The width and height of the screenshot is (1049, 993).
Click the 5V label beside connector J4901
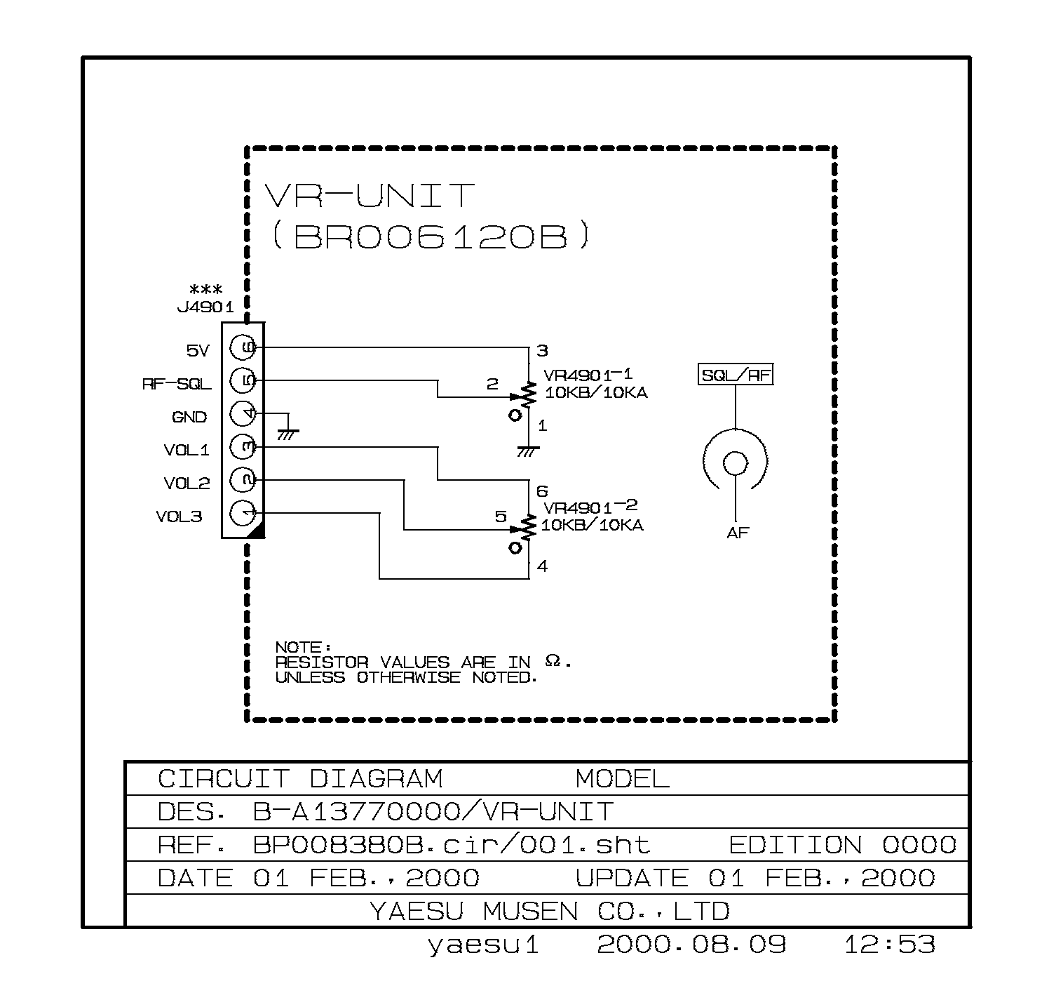pos(198,350)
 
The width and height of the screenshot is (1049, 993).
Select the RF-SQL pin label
pos(177,384)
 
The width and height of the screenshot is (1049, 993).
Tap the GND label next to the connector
pos(189,417)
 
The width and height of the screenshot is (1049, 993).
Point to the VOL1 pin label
pos(187,450)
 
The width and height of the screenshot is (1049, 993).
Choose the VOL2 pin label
pos(187,484)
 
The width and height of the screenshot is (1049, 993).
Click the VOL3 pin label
pos(179,517)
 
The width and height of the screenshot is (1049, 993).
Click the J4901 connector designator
pos(205,307)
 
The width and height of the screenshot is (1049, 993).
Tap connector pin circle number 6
pos(243,347)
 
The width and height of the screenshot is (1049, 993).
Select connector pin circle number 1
pos(243,514)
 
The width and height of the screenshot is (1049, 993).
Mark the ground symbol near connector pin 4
pos(287,434)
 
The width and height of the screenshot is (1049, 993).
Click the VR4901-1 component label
pos(578,374)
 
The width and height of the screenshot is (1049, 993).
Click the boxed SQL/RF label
pos(736,375)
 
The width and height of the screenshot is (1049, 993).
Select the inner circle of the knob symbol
pos(736,463)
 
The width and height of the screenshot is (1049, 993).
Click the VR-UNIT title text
pos(370,196)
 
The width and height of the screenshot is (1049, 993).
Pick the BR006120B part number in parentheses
pos(430,237)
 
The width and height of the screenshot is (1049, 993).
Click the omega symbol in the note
pos(553,660)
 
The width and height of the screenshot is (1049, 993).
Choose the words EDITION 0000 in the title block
pos(842,845)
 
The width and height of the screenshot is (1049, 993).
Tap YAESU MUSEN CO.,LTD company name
pos(549,912)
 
